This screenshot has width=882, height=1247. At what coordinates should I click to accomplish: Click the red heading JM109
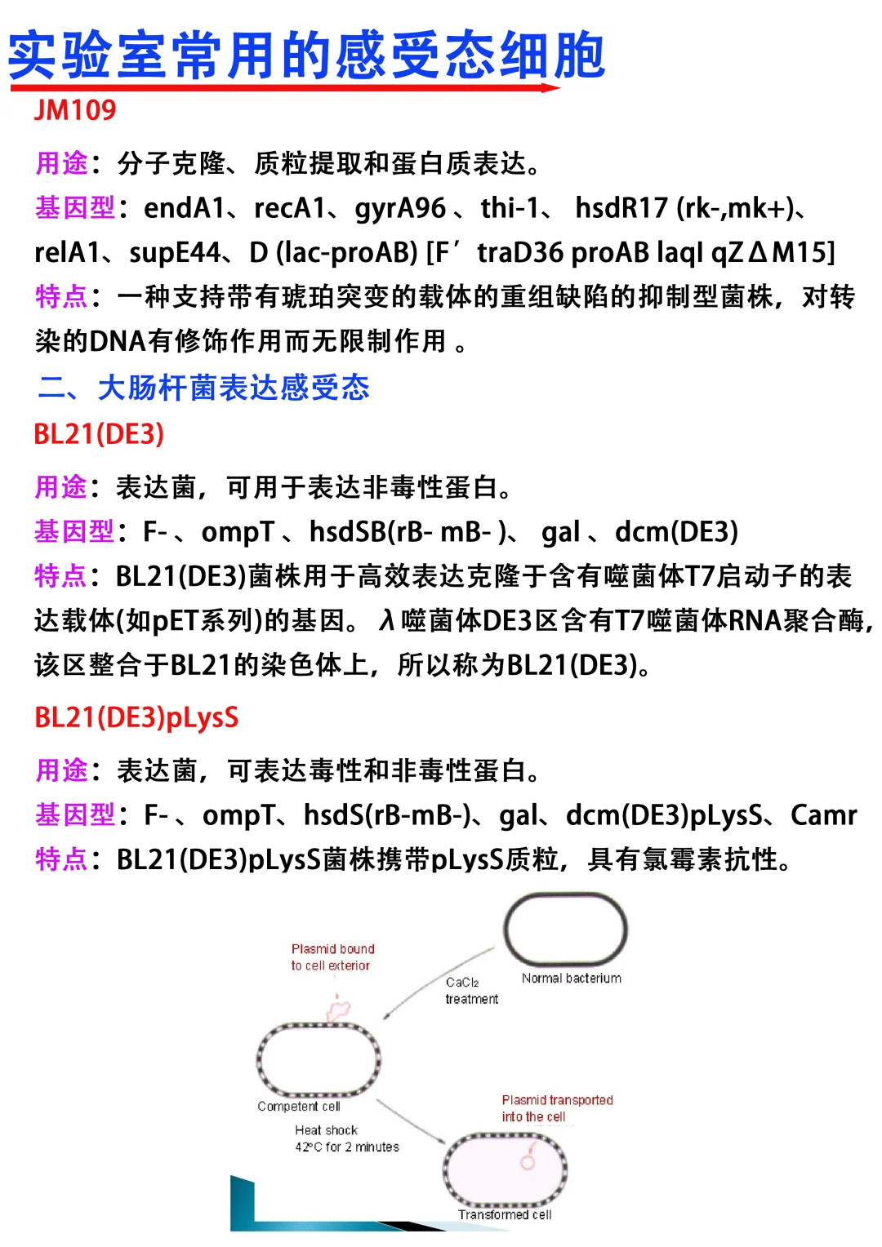[x=75, y=110]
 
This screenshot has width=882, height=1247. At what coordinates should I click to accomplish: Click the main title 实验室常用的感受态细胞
[x=306, y=55]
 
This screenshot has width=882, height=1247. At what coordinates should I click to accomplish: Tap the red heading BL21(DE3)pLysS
[x=136, y=717]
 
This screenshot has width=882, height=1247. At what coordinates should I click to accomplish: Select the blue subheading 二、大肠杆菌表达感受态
[x=204, y=387]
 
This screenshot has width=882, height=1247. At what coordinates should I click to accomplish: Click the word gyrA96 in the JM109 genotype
[x=400, y=209]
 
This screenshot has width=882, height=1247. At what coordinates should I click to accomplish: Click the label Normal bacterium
[x=571, y=979]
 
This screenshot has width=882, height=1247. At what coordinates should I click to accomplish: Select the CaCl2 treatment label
[x=471, y=991]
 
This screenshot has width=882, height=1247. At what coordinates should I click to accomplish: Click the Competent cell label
[x=298, y=1107]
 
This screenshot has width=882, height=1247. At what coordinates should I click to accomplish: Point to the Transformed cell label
[x=504, y=1215]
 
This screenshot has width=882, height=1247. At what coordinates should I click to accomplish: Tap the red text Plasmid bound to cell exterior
[x=332, y=957]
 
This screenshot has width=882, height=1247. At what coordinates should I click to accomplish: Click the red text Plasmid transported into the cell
[x=556, y=1108]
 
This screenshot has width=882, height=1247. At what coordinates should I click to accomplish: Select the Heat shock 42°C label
[x=346, y=1138]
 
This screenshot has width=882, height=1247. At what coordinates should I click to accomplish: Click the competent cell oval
[x=318, y=1059]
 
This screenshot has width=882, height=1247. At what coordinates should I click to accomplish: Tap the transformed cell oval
[x=505, y=1169]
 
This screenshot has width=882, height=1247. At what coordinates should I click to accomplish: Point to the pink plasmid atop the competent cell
[x=338, y=1010]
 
